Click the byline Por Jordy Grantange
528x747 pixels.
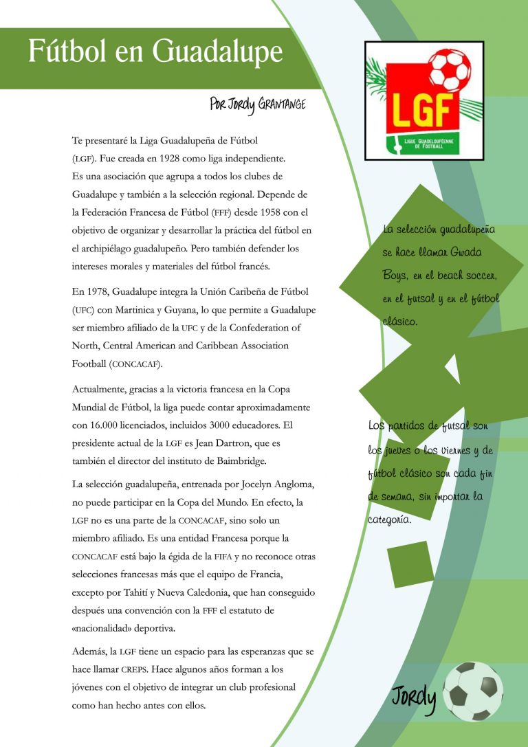tap(257, 104)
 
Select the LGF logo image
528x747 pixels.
tap(424, 100)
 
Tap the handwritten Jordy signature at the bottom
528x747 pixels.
tap(415, 698)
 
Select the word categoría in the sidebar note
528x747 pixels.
tap(390, 520)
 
